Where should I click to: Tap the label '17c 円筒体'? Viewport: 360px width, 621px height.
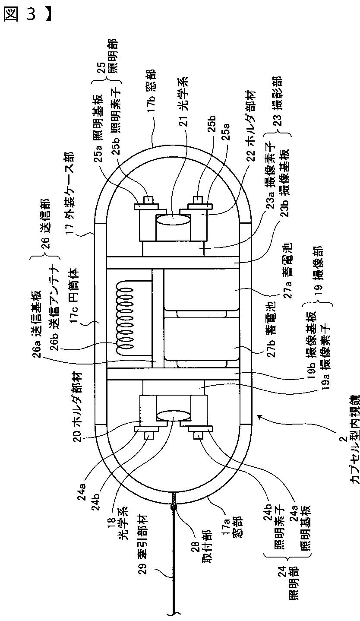point(73,298)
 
